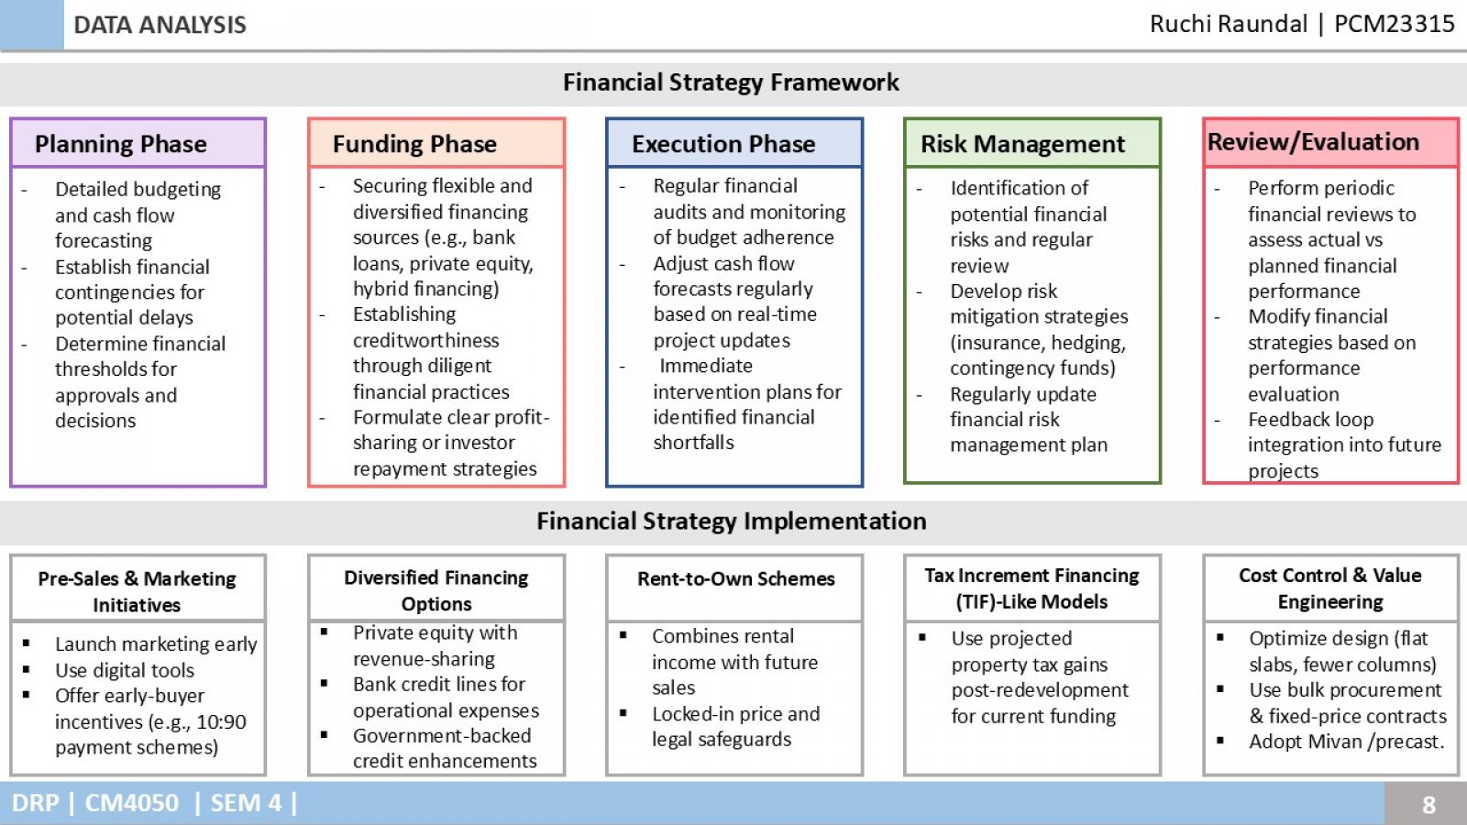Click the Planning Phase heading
[120, 144]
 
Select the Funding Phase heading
[414, 144]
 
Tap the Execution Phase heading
[723, 144]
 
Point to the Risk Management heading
[1022, 144]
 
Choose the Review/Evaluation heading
[1313, 142]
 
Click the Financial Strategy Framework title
[731, 82]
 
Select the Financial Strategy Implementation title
[732, 522]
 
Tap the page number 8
[1428, 804]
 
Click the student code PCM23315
[1395, 24]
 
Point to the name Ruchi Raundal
[1229, 24]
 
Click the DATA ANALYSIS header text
[160, 25]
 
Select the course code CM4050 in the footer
[132, 803]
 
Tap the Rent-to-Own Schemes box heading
[736, 578]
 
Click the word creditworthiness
[425, 340]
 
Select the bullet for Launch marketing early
[27, 643]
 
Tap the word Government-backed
[442, 736]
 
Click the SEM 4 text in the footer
[247, 803]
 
